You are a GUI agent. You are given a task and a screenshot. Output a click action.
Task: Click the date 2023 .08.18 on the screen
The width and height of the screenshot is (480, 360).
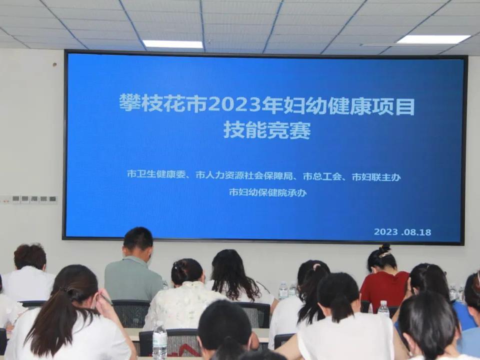402,231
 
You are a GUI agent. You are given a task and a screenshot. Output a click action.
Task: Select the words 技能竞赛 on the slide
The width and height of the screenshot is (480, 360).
267,130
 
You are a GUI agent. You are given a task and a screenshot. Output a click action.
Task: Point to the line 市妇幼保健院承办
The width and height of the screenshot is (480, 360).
268,192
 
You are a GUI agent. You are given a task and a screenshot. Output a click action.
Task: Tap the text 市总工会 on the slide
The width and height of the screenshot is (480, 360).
322,176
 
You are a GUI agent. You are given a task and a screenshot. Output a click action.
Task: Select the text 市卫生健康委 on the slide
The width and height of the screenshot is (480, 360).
156,174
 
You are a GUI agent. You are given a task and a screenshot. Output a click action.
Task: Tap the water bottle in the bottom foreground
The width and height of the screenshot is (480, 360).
159,340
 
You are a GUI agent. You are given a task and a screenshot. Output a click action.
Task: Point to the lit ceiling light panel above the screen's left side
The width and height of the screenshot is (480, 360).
173,44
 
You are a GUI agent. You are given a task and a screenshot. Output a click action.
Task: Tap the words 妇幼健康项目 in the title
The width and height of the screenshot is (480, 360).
349,106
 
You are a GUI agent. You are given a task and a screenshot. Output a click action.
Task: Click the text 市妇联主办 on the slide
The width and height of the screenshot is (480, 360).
376,177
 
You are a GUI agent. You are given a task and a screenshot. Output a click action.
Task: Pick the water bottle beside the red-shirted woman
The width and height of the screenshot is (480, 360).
383,308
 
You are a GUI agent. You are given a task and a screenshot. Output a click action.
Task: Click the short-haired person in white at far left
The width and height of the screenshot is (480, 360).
27,272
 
